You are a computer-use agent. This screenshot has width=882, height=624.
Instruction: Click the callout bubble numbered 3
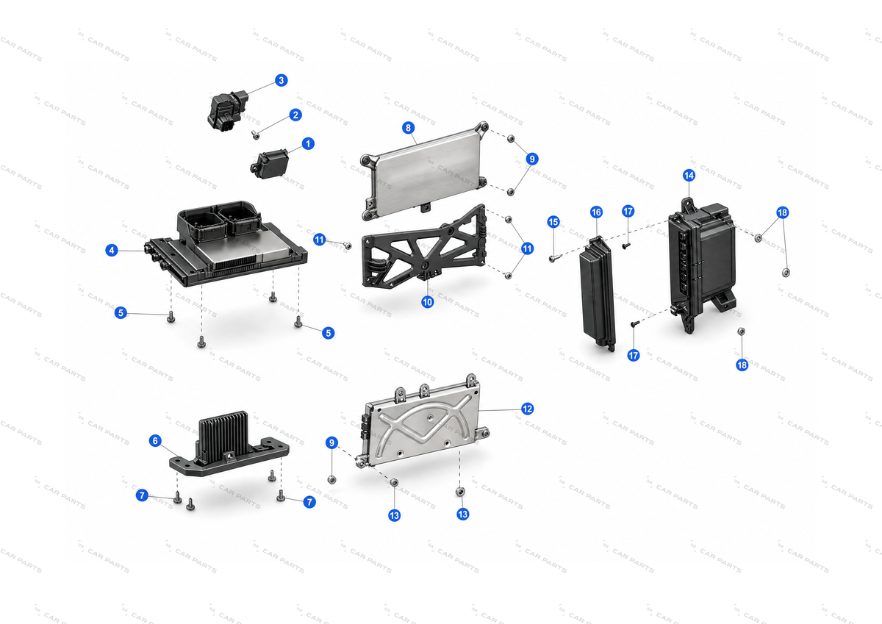click(281, 80)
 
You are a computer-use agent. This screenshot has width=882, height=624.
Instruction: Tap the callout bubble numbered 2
click(295, 115)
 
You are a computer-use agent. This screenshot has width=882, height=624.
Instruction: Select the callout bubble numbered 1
click(308, 144)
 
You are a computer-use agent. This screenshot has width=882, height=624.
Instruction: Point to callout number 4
click(112, 250)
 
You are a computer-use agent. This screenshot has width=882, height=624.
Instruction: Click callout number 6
click(155, 440)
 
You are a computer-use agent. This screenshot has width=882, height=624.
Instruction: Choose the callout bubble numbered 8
click(408, 128)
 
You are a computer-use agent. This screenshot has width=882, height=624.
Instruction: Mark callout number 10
click(427, 302)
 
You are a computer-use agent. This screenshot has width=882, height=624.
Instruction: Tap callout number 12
click(527, 409)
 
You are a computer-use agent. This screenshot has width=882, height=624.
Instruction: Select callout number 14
click(689, 175)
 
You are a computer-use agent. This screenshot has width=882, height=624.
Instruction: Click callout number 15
click(553, 222)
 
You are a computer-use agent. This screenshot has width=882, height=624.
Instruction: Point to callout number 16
click(596, 212)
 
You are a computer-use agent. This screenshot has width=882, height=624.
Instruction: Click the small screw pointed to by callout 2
click(256, 135)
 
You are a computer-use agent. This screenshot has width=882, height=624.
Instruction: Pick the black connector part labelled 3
click(228, 111)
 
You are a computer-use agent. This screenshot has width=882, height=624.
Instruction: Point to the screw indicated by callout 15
click(553, 258)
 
